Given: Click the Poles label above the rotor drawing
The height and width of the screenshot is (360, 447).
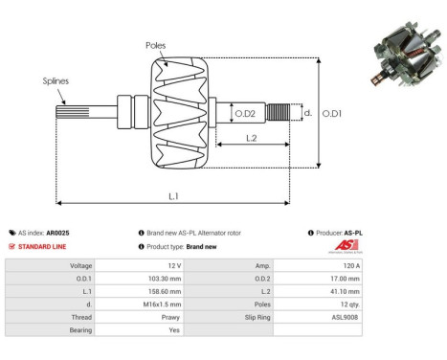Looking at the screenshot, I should click(x=156, y=45).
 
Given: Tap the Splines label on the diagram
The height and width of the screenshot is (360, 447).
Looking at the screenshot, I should click(x=55, y=81).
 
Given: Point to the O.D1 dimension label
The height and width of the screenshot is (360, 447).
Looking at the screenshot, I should click(x=332, y=113).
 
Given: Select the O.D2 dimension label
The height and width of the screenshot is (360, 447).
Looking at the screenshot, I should click(x=246, y=115).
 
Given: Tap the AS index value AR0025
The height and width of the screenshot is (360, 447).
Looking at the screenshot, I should click(x=56, y=233).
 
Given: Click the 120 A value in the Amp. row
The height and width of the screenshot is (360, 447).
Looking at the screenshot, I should click(x=350, y=264).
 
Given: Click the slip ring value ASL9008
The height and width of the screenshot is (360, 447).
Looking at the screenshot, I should click(x=346, y=315).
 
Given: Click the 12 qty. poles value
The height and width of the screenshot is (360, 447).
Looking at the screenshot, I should click(x=347, y=303).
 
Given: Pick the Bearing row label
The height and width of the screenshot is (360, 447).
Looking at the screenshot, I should click(x=78, y=328).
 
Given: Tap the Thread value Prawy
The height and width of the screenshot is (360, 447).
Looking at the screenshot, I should click(x=170, y=315).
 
